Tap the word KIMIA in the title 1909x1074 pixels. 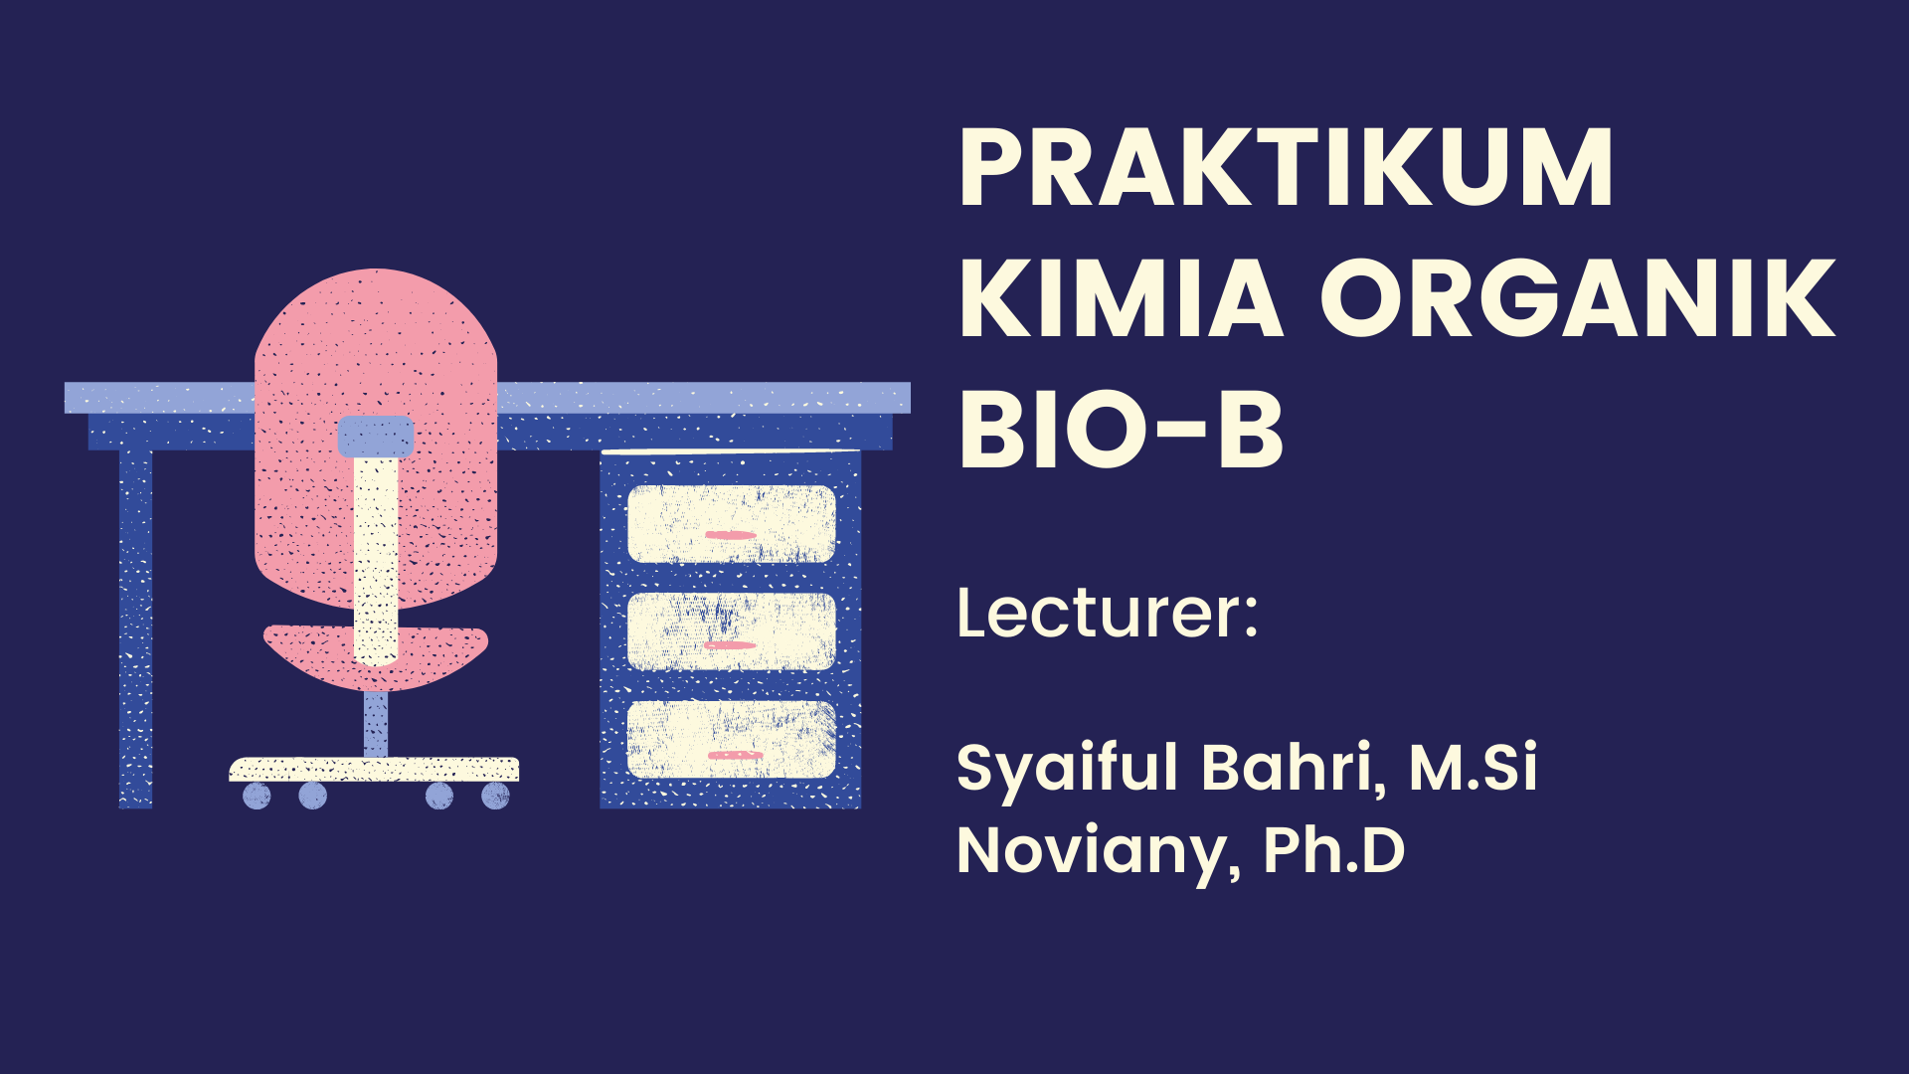(x=1121, y=298)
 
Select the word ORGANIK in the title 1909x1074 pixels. (x=1577, y=298)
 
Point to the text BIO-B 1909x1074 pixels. (x=1121, y=430)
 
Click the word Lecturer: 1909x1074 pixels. (x=1107, y=613)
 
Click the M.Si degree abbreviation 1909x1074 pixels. (x=1473, y=768)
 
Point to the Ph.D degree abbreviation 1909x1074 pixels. (x=1333, y=851)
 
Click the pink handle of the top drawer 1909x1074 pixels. (x=731, y=536)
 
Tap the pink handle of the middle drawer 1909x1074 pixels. (x=731, y=645)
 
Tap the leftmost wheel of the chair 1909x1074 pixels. (x=257, y=796)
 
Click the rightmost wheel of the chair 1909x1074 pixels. (x=495, y=796)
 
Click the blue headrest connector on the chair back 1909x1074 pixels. (x=376, y=436)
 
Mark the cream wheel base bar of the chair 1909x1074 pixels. (x=374, y=769)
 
